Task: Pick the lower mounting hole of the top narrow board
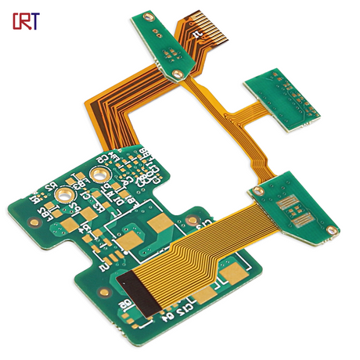pyautogui.click(x=179, y=74)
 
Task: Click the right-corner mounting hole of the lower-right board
pyautogui.click(x=333, y=230)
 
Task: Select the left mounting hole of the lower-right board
pyautogui.click(x=256, y=190)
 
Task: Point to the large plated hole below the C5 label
pyautogui.click(x=100, y=174)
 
